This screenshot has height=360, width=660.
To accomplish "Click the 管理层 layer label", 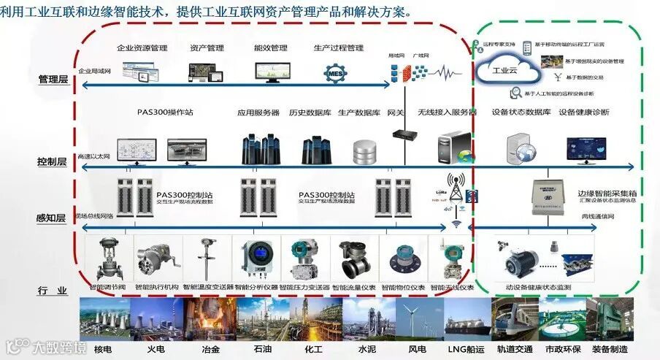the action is tap(53, 80).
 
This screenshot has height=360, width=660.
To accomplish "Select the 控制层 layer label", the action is tap(53, 161).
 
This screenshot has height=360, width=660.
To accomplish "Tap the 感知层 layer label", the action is tap(53, 218).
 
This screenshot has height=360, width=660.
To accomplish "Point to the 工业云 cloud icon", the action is tap(507, 72).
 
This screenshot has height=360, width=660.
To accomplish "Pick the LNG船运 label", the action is tap(461, 349).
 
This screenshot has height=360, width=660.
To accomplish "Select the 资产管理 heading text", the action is tap(207, 48).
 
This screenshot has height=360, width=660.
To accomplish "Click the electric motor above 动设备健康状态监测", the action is tap(514, 258).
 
